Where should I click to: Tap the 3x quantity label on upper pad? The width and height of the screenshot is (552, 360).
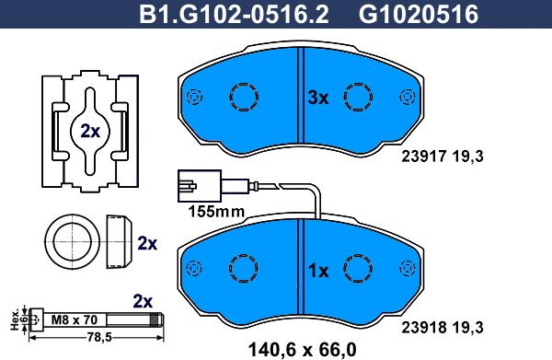click(x=317, y=98)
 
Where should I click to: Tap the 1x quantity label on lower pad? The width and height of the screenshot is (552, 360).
click(x=317, y=271)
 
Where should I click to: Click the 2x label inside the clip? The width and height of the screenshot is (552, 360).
click(x=89, y=131)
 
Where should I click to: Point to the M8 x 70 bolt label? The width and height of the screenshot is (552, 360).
click(x=74, y=319)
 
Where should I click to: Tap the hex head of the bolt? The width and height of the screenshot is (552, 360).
click(x=35, y=320)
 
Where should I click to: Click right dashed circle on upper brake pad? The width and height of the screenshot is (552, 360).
click(x=357, y=97)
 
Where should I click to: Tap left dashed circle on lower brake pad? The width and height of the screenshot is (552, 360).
click(x=246, y=268)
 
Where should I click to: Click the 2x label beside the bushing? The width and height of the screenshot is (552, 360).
click(x=146, y=244)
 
